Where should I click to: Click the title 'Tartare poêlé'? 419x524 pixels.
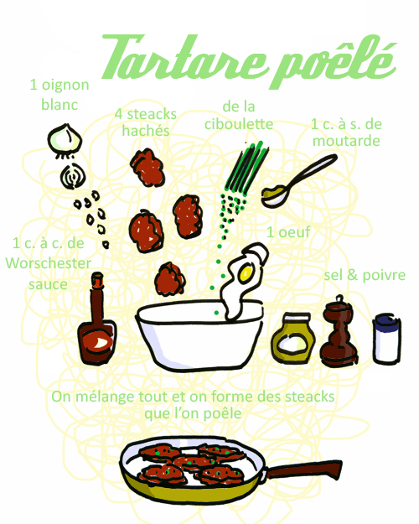coord(247,58)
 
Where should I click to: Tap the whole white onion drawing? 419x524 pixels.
coord(62,138)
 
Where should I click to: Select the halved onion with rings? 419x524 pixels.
coord(74,177)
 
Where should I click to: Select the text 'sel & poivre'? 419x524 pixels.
coord(365,275)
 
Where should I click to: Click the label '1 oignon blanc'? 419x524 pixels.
coord(59,94)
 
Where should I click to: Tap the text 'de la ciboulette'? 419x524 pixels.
coord(239,116)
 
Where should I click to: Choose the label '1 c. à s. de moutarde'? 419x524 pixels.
coord(346,132)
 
